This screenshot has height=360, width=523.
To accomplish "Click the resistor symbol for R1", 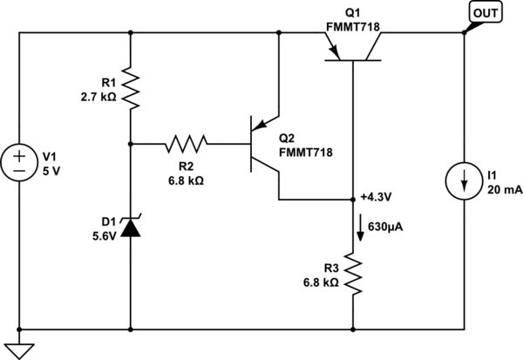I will pos(130,88).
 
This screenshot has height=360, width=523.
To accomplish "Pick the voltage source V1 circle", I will pos(19,162).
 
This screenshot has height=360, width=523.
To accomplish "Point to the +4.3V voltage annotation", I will pos(377,197).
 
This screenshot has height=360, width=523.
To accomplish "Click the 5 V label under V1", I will pos(52,170).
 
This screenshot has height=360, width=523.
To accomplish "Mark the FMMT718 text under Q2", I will pos(304,153).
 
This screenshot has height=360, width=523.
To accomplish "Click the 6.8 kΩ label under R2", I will pos(186,180).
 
